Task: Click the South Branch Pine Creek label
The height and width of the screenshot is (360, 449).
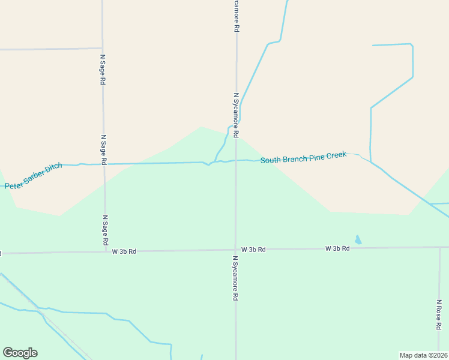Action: point(303,158)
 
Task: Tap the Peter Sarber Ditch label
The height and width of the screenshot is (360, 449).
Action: point(34,177)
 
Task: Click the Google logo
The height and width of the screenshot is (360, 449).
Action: point(20,353)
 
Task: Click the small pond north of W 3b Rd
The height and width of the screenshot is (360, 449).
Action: point(358,240)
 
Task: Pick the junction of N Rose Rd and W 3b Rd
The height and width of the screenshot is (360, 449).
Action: point(439,247)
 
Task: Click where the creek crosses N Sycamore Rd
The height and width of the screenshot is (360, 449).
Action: point(235,160)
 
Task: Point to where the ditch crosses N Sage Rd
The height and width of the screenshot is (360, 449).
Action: point(104,163)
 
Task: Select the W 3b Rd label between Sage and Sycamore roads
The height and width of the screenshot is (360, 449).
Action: point(124,251)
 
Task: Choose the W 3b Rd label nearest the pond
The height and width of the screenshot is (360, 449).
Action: point(337,248)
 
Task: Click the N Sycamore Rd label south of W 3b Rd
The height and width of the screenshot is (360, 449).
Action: point(235,278)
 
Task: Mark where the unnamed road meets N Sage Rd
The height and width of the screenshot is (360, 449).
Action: point(103,48)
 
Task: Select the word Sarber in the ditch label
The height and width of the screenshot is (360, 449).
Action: point(35,177)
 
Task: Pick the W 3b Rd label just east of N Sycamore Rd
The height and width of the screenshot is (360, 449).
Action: point(253,249)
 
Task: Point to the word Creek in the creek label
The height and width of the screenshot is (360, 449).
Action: point(336,155)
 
